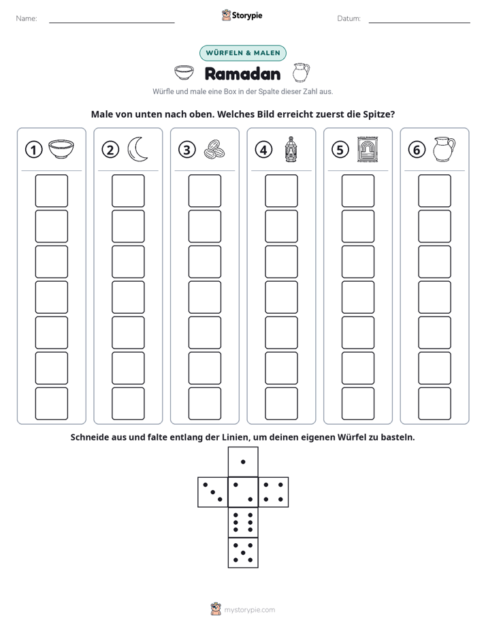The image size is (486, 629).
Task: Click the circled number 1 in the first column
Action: point(33,150)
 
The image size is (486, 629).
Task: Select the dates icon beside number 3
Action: point(214,150)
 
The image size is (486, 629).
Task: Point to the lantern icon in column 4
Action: point(291,149)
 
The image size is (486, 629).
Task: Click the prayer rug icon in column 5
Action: point(368,150)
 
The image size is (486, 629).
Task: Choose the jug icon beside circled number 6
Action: point(444,149)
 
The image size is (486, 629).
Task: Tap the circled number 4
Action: point(263,150)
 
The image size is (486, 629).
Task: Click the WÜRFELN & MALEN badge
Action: point(243,53)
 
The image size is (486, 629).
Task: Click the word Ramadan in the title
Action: point(242,74)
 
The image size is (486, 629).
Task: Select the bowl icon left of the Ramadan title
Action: point(184,73)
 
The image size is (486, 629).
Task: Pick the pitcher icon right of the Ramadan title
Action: point(301,73)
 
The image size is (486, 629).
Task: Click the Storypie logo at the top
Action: point(242,15)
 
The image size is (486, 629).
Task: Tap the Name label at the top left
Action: point(27,18)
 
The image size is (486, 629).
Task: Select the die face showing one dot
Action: point(243,462)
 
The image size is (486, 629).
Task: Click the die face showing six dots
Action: point(243,522)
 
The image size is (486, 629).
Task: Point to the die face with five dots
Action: point(243,552)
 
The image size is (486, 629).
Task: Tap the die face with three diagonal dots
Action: point(213,492)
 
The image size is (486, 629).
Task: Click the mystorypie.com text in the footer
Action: point(249,610)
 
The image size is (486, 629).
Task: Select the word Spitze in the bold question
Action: point(379,114)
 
